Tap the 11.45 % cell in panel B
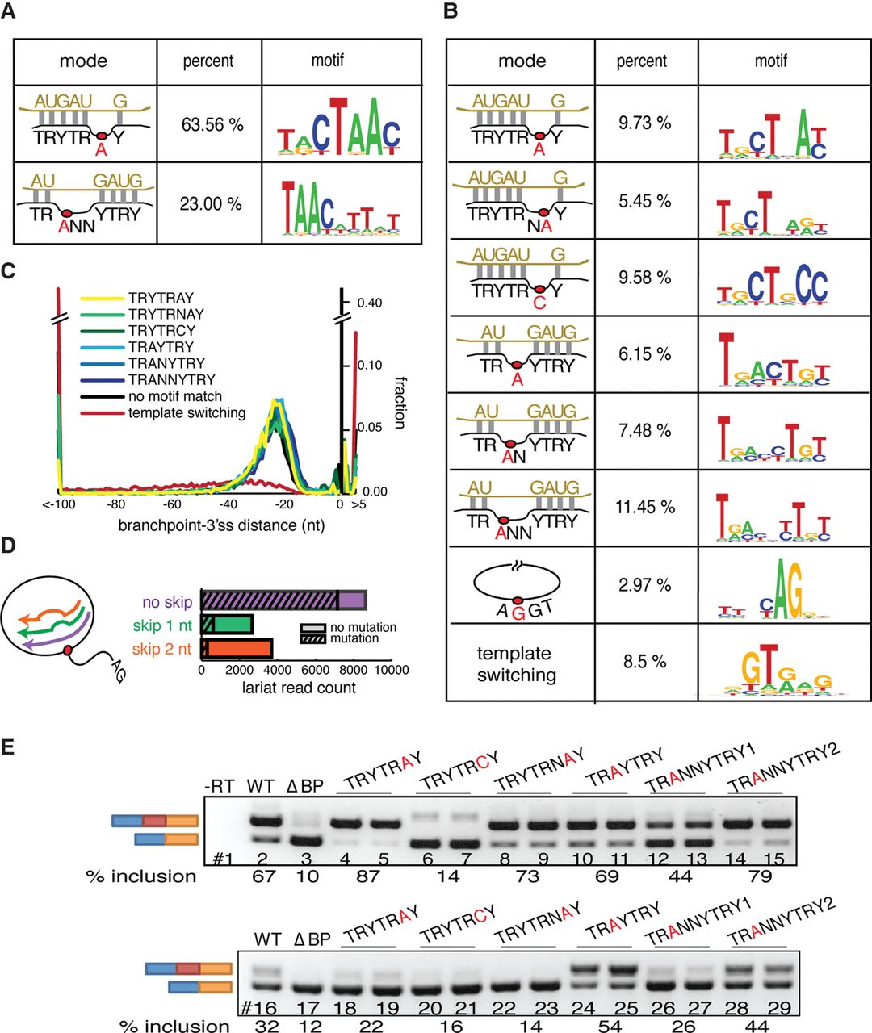pos(644,507)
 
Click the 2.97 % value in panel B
pos(644,584)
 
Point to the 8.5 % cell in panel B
pos(644,662)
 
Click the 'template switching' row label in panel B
pos(516,664)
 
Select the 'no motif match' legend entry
pos(174,396)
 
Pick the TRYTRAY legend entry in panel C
pos(161,298)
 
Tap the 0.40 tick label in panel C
pos(371,303)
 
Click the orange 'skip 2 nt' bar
pos(236,649)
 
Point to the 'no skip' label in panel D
pos(167,602)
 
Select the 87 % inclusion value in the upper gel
pos(367,876)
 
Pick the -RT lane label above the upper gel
pos(220,785)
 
